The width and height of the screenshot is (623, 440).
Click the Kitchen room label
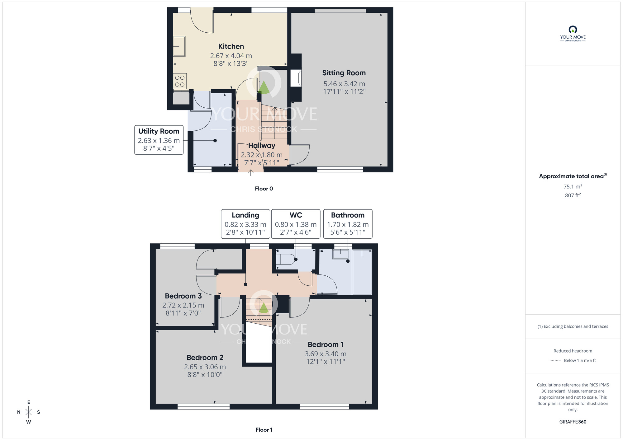[x=231, y=46]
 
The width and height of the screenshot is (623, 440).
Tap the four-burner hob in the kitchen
[x=180, y=81]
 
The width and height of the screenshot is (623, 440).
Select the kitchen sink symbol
[x=179, y=46]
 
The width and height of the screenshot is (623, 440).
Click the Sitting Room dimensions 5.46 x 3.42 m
[x=344, y=84]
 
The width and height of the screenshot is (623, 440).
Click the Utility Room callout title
[x=159, y=131]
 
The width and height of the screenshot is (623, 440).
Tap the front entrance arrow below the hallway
[x=250, y=172]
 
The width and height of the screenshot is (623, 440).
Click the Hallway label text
[x=262, y=145]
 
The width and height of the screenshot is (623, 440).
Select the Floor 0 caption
[x=264, y=189]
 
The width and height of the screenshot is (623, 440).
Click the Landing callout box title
[x=245, y=215]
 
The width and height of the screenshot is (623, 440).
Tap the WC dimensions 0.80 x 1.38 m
[x=296, y=224]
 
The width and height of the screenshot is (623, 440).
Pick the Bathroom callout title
[x=348, y=215]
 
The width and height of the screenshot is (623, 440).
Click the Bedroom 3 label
[x=183, y=296]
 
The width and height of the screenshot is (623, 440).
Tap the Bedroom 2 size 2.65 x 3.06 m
[x=205, y=367]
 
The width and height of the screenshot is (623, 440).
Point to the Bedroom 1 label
[x=326, y=344]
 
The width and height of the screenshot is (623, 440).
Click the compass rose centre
[x=29, y=412]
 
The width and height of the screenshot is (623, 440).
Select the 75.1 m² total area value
[x=573, y=186]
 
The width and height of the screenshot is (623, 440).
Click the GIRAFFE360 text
[x=573, y=422]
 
